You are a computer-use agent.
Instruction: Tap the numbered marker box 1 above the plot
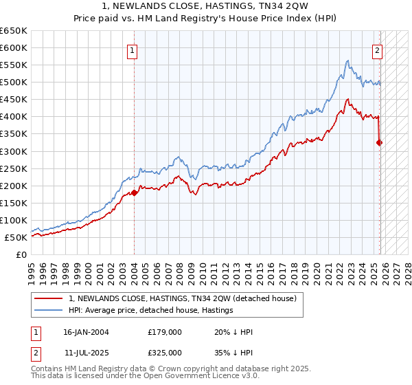coord(132,49)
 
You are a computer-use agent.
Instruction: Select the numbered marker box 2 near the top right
coord(377,49)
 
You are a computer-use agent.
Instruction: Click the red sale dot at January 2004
coord(134,192)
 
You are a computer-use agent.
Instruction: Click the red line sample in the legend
coord(48,298)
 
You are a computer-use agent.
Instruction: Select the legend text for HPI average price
coord(150,310)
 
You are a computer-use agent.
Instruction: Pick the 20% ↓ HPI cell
coord(234,332)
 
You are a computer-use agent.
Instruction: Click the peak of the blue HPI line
coord(347,60)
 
